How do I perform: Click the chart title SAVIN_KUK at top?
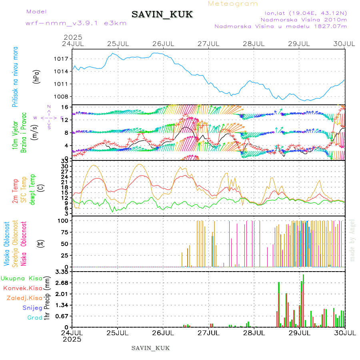[162, 15]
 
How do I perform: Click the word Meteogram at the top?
[233, 4]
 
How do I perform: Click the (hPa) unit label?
[37, 76]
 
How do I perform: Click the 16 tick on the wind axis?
[64, 107]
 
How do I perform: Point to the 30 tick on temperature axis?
[64, 166]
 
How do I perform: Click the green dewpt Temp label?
[32, 190]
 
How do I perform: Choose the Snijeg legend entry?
[32, 308]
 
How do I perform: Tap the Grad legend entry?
[34, 318]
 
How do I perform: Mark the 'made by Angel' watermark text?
[352, 240]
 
